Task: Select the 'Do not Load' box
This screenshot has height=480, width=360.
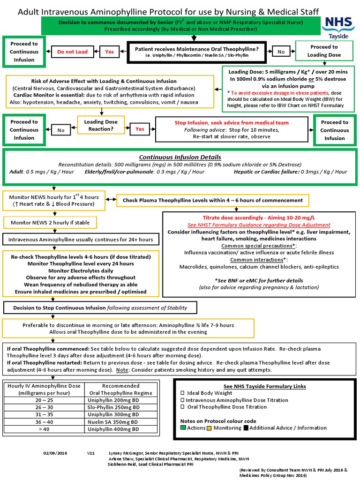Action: tap(72, 52)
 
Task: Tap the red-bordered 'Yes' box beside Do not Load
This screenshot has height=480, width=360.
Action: tap(109, 52)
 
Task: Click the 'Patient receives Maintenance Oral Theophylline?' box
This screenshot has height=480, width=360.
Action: tap(196, 52)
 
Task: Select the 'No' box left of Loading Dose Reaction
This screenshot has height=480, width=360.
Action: tap(61, 130)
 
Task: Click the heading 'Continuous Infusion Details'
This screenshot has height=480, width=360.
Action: tap(180, 157)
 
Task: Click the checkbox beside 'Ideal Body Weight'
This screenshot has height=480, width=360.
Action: tap(183, 393)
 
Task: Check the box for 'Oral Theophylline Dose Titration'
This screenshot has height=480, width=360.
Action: tap(183, 407)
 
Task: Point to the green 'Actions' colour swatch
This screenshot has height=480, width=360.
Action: tap(183, 427)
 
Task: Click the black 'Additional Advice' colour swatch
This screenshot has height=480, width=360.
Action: tap(246, 427)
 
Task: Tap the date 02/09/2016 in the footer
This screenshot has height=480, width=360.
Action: tap(55, 453)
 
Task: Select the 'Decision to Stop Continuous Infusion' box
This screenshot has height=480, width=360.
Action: tap(100, 307)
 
